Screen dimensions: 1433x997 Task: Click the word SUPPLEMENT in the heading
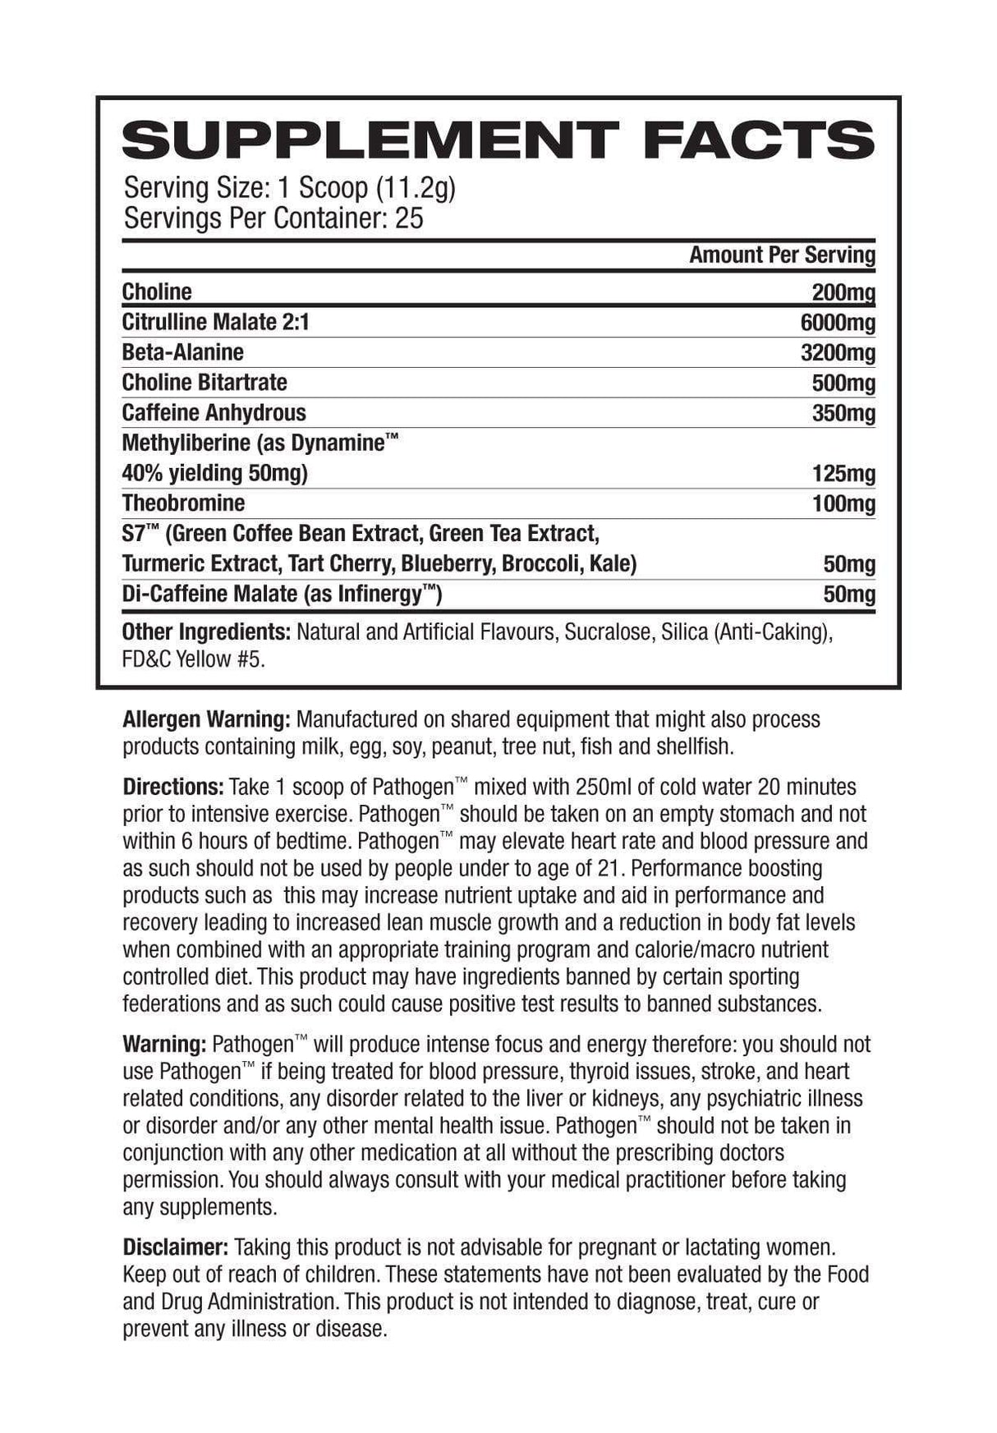[370, 140]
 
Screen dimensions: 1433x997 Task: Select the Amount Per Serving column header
[782, 255]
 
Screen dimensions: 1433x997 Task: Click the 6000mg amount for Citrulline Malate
[838, 323]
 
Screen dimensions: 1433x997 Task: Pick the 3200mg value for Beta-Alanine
[838, 353]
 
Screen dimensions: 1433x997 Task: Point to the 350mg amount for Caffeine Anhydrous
[843, 413]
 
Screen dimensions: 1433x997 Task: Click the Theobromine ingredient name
[183, 503]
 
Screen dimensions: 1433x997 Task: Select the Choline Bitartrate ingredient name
[204, 383]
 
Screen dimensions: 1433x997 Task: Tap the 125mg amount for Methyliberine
[843, 474]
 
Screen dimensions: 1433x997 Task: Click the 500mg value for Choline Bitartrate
[843, 384]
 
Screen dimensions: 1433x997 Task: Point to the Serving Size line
[289, 188]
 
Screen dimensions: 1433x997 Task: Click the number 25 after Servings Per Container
[409, 218]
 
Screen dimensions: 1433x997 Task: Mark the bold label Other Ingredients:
[206, 632]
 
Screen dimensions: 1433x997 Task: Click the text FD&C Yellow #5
[194, 659]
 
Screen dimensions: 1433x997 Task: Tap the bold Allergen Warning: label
[206, 719]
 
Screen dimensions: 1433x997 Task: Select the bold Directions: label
[173, 787]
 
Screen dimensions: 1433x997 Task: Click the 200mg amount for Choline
[843, 292]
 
